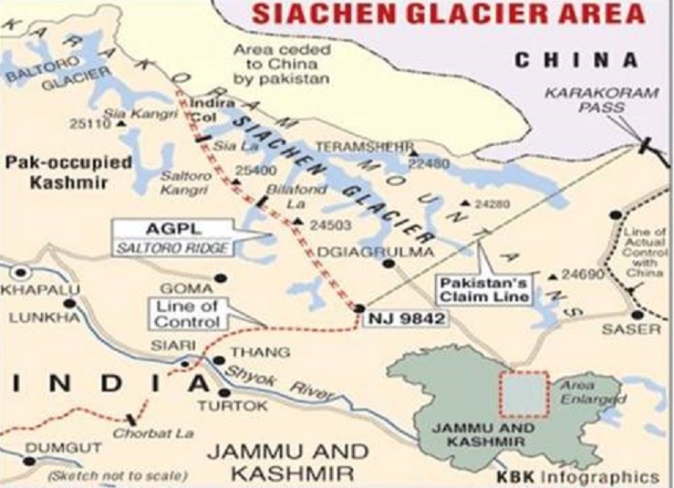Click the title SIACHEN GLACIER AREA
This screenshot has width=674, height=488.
(x=448, y=14)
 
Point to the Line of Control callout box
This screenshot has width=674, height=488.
(x=188, y=315)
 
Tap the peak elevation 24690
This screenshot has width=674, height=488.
(x=584, y=274)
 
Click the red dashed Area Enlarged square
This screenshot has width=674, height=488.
(x=523, y=394)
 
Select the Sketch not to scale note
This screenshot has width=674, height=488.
(x=118, y=475)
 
